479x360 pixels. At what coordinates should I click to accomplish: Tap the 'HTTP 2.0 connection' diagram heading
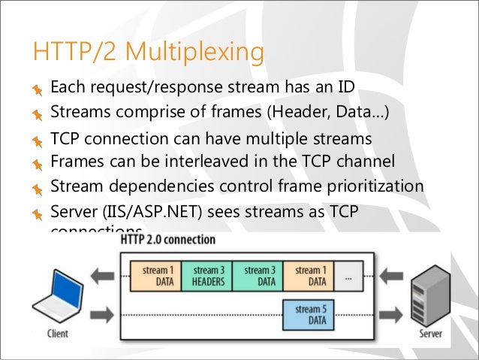[x=168, y=240]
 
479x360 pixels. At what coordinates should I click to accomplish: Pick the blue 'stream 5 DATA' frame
[x=309, y=314]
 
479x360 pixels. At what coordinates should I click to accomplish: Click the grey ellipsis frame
[x=349, y=276]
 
